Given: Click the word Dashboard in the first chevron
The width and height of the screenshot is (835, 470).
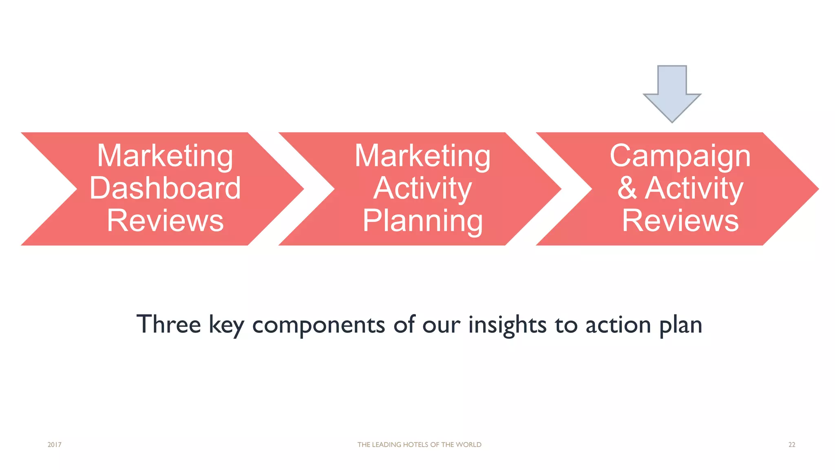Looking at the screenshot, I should pos(165,188).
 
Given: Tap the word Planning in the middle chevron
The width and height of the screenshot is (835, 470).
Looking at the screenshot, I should pos(423,221).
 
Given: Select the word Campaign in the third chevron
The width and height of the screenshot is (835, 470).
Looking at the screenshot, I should pos(680,156).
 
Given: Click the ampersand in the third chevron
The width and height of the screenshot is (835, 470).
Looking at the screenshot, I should pos(627,188).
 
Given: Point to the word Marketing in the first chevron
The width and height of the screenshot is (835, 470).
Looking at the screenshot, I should pos(165,156).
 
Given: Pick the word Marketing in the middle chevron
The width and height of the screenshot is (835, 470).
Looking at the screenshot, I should pos(423,156).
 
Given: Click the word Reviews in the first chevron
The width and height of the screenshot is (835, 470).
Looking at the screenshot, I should pos(165,221).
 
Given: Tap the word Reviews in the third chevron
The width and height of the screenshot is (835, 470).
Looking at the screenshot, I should pos(680,221).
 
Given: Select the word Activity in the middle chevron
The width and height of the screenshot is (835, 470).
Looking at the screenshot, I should pos(423,188).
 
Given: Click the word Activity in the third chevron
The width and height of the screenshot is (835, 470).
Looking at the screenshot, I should pos(694,188).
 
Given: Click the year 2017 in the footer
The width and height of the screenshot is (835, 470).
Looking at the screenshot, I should pos(54,445).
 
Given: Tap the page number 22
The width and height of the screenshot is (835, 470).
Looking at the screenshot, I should pos(791,445).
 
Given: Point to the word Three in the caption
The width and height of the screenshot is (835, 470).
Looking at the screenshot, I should pos(168,325).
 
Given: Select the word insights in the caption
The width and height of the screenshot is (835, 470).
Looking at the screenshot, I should pos(507,325).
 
